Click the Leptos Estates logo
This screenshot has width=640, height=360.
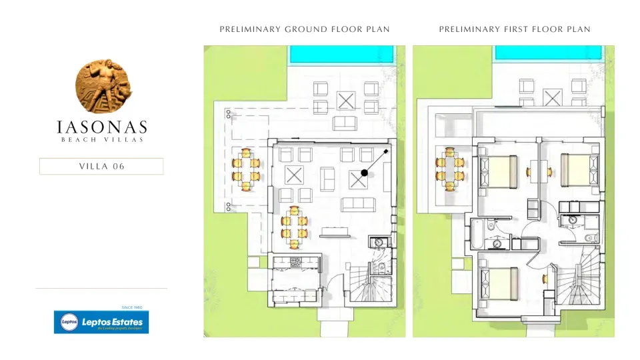pyautogui.click(x=101, y=322)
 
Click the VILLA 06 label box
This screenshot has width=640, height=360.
pyautogui.click(x=101, y=167)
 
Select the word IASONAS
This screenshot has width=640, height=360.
pyautogui.click(x=101, y=127)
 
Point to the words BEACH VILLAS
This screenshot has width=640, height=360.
pyautogui.click(x=101, y=139)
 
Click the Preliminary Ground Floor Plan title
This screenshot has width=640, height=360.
pyautogui.click(x=305, y=29)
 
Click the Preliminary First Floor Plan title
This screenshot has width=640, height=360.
pyautogui.click(x=514, y=29)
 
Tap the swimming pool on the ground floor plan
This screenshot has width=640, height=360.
pyautogui.click(x=341, y=55)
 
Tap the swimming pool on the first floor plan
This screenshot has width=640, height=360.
pyautogui.click(x=549, y=55)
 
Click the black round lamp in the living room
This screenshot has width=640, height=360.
pyautogui.click(x=364, y=173)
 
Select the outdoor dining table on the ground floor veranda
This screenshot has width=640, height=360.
pyautogui.click(x=246, y=169)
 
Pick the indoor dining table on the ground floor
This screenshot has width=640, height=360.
pyautogui.click(x=294, y=227)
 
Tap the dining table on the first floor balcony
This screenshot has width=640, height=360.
pyautogui.click(x=451, y=169)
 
